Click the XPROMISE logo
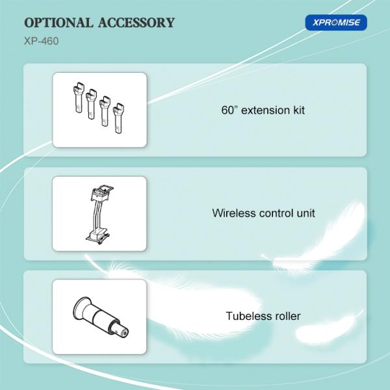pyautogui.click(x=336, y=23)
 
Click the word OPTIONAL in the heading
pyautogui.click(x=58, y=23)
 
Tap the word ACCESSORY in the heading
pyautogui.click(x=136, y=23)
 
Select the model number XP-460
pyautogui.click(x=42, y=41)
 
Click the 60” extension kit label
pyautogui.click(x=263, y=110)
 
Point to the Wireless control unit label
pyautogui.click(x=263, y=213)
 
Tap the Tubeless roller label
pyautogui.click(x=263, y=316)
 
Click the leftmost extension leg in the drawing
pyautogui.click(x=79, y=97)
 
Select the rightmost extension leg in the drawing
pyautogui.click(x=119, y=118)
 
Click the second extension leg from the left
pyautogui.click(x=91, y=104)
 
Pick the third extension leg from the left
pyautogui.click(x=105, y=111)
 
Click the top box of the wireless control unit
pyautogui.click(x=102, y=193)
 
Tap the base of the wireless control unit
pyautogui.click(x=97, y=237)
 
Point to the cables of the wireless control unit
pyautogui.click(x=97, y=215)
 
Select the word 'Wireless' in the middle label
pyautogui.click(x=234, y=213)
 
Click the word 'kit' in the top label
pyautogui.click(x=299, y=110)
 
